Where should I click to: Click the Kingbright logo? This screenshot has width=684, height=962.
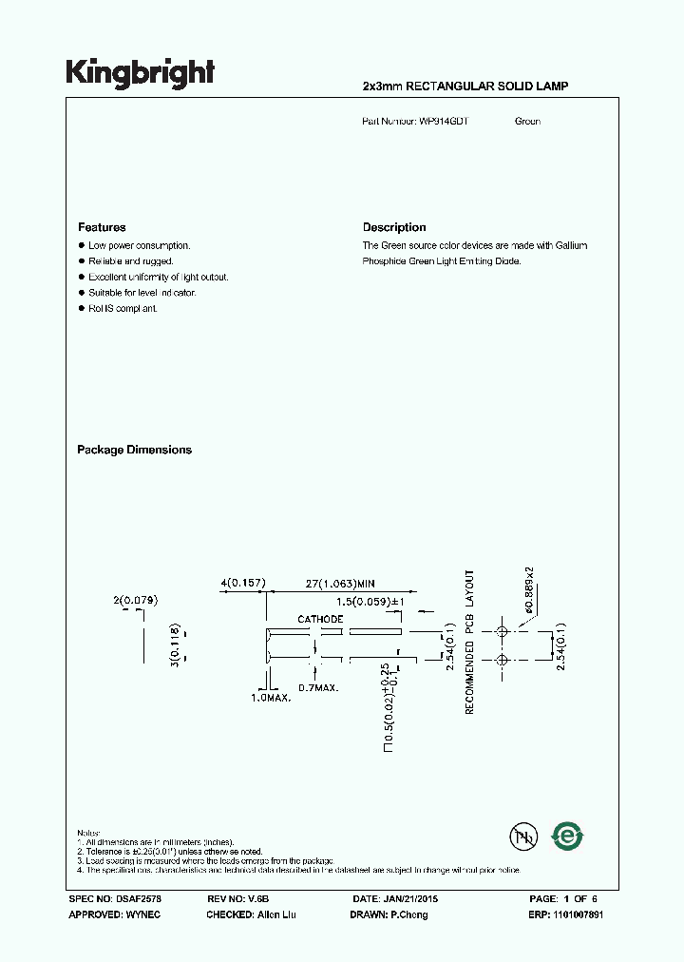click(140, 73)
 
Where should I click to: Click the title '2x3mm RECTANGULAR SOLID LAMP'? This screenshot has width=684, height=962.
click(465, 87)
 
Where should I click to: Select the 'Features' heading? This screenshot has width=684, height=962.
click(102, 227)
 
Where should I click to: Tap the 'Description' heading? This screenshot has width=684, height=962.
click(394, 227)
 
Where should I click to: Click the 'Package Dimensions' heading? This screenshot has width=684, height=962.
click(134, 450)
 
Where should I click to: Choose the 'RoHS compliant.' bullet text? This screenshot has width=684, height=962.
click(123, 309)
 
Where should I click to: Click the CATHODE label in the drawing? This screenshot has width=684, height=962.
click(320, 619)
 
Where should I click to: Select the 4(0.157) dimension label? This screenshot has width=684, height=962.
click(242, 583)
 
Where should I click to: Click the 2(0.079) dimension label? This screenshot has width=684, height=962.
click(135, 600)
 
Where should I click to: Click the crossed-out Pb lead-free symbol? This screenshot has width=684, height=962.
click(522, 837)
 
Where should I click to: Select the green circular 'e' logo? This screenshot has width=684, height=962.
click(568, 837)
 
